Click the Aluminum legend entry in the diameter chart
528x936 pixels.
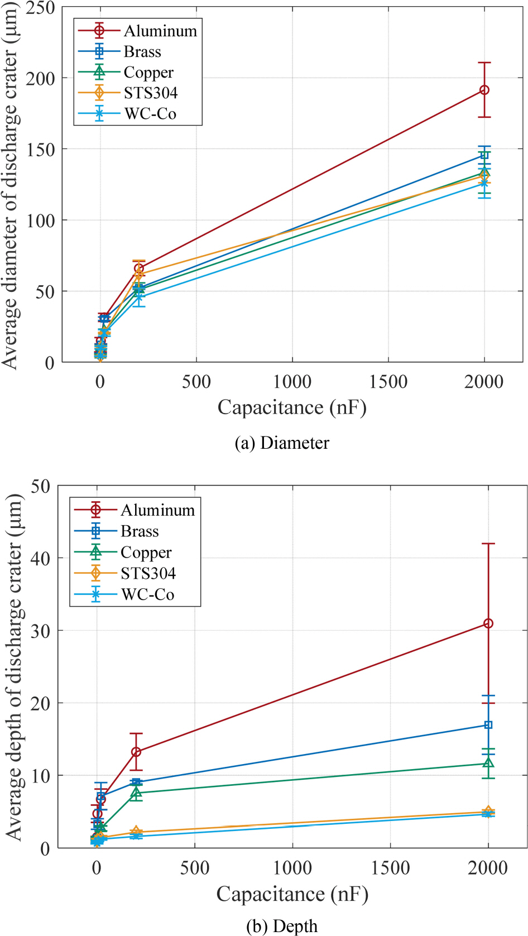tap(160, 31)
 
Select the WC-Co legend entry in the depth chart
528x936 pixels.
tap(147, 594)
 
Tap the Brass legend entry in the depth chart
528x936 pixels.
tap(140, 531)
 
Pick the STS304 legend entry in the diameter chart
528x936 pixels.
tap(151, 93)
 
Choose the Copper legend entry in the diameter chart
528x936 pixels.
tap(148, 72)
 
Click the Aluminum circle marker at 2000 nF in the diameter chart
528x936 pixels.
tap(484, 90)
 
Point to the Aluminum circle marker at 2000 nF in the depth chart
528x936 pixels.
tap(488, 623)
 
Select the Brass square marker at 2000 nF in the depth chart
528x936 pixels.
tap(488, 725)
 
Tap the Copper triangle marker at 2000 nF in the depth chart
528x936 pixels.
tap(488, 763)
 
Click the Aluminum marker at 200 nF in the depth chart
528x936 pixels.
tap(136, 752)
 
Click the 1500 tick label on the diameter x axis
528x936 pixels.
tap(388, 382)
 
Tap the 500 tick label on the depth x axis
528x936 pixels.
tap(194, 868)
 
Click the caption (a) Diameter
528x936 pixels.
tap(282, 443)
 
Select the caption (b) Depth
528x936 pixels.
tap(282, 927)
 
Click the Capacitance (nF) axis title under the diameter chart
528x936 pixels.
tap(292, 407)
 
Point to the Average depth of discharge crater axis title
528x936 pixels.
tap(13, 667)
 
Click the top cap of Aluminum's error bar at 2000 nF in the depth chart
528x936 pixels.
tap(488, 544)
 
